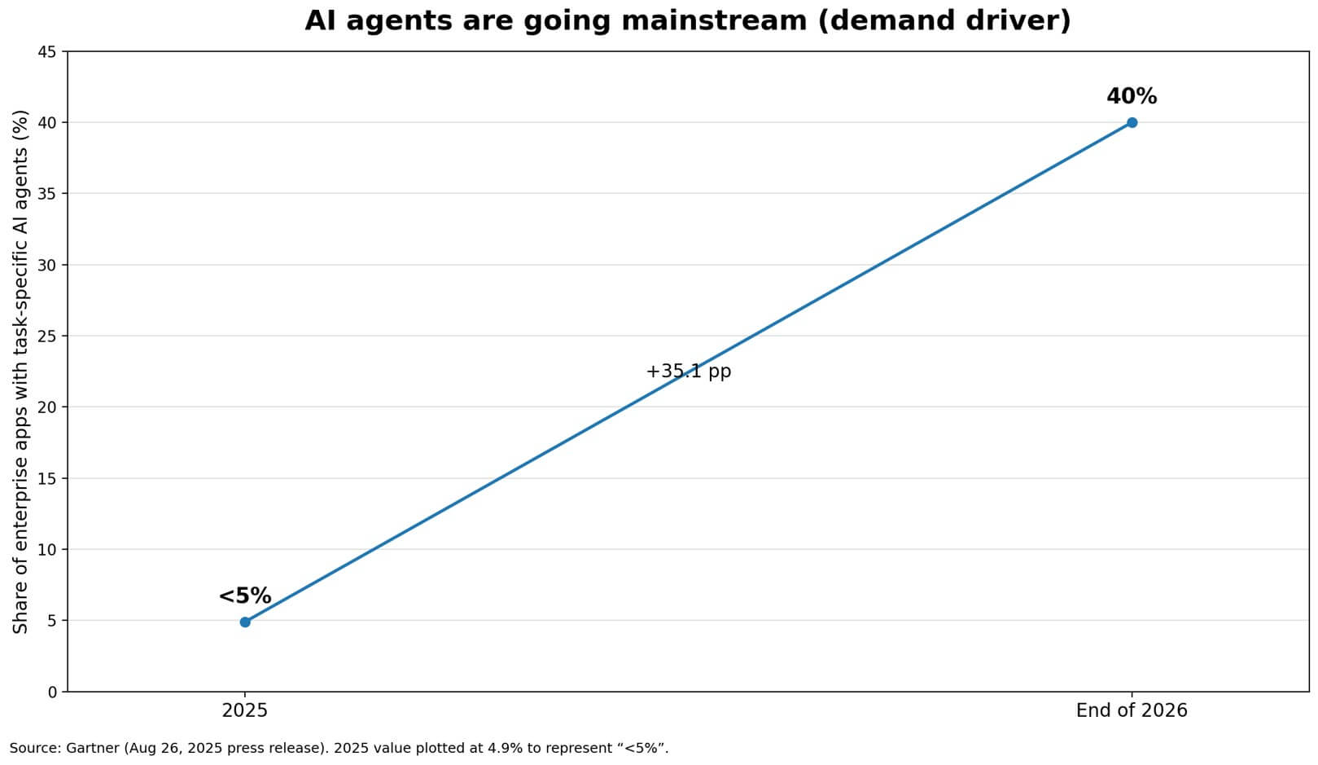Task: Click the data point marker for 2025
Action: (245, 622)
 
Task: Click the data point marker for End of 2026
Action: (1132, 122)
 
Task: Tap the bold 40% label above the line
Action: (1132, 96)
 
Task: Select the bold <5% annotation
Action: (245, 596)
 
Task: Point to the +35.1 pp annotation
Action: (689, 372)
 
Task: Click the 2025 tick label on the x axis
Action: (245, 710)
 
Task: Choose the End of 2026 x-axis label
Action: (1132, 710)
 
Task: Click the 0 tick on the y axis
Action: (52, 692)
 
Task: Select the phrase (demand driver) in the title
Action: (944, 20)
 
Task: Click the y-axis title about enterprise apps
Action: (20, 372)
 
